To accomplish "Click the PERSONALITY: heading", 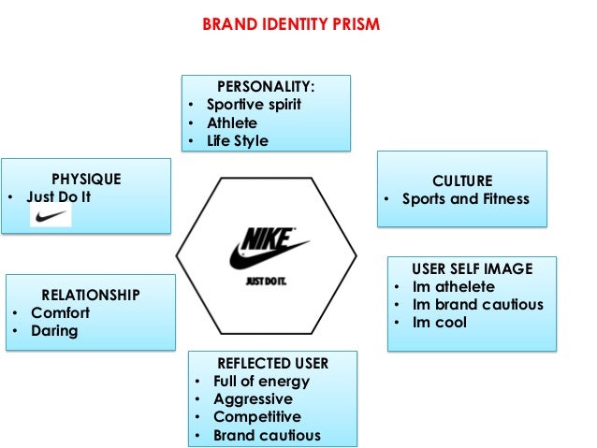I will coord(266,86).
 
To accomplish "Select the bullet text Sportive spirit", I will coord(254,104).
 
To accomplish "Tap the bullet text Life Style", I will coord(238,141).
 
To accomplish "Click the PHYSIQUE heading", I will coord(86,179).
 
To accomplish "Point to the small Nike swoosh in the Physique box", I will coord(51,218).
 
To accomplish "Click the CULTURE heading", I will coord(461,181).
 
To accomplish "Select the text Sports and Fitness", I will coord(465,198).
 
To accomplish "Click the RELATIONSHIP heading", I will coord(91,295).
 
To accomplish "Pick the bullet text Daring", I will coord(54,331).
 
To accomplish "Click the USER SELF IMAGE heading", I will coord(472,268).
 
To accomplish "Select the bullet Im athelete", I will coord(454,286).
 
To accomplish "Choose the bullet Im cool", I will coord(440,323).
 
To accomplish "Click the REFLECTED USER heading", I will coord(272,362).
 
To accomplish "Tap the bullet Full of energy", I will coord(261,381).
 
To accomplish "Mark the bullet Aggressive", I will coord(253,399).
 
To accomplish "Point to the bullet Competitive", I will coord(257,417).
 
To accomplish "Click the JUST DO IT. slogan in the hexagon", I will coord(265,278).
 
